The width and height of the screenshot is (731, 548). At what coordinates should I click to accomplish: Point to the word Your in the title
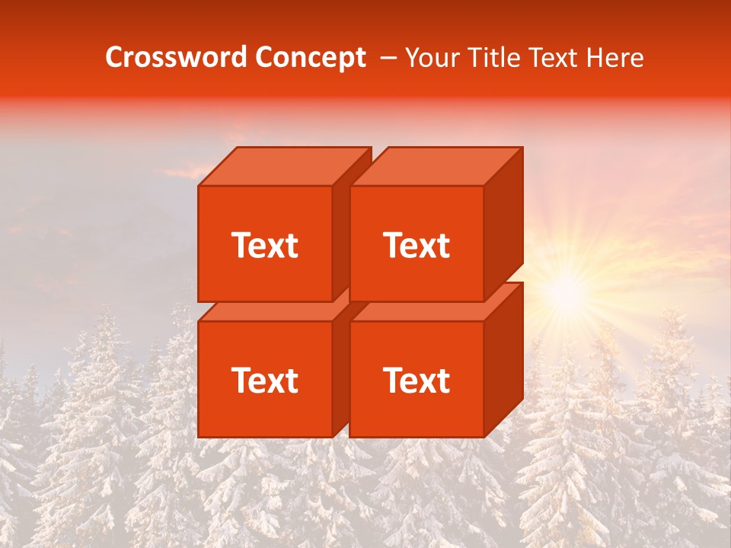click(x=433, y=58)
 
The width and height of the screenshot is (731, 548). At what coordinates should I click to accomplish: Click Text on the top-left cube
click(x=264, y=245)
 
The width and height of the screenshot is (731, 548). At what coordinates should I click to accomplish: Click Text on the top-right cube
click(x=417, y=245)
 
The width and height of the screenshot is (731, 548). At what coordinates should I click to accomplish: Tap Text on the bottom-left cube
click(x=264, y=380)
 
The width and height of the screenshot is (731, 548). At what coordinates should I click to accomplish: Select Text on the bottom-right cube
click(x=417, y=380)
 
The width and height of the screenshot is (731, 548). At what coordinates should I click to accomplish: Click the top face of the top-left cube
click(x=283, y=167)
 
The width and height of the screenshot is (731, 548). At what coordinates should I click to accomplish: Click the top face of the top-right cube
click(x=436, y=167)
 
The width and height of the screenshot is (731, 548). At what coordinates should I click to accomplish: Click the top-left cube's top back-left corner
click(x=237, y=148)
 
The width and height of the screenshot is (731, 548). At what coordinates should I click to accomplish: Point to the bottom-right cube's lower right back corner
click(x=522, y=398)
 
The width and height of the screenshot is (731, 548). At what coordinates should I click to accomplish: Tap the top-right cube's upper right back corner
click(x=522, y=148)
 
